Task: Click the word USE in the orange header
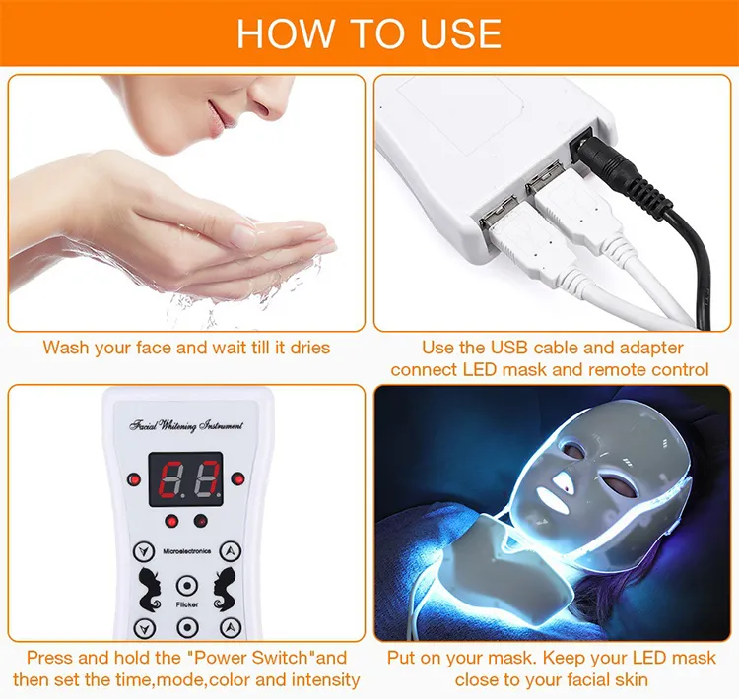[x=460, y=32]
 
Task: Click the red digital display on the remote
[x=185, y=479]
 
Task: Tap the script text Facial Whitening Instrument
[x=186, y=426]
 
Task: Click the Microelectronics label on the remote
[x=186, y=551]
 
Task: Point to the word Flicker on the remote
[x=187, y=604]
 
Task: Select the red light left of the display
[x=135, y=479]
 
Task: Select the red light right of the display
[x=237, y=479]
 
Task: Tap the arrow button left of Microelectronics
[x=144, y=551]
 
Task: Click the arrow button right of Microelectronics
[x=231, y=551]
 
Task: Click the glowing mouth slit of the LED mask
[x=553, y=500]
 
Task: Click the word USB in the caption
[x=510, y=348]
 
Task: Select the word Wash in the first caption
[x=65, y=348]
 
